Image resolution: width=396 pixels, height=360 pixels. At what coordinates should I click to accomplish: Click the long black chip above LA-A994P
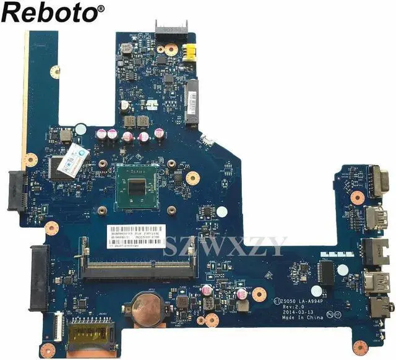(325, 272)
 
